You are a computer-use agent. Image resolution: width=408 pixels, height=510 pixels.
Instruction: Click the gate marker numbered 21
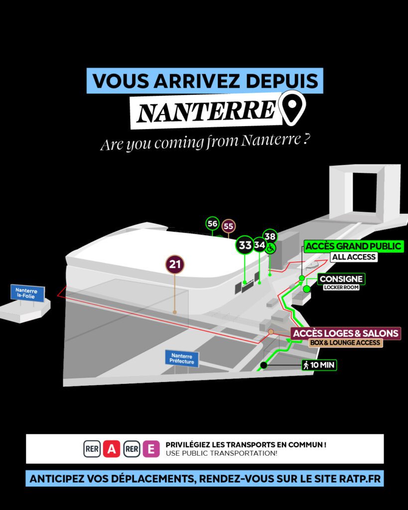pos(175,264)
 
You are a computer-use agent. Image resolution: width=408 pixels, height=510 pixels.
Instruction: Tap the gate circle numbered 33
pos(245,245)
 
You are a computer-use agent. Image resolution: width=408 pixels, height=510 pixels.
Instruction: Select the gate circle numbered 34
pos(260,244)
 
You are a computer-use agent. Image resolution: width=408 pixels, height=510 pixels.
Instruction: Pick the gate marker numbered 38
pos(270,237)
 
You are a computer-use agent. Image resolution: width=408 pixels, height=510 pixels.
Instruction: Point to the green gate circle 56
pos(212,224)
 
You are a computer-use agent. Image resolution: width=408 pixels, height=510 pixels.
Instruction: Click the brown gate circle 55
pos(228,226)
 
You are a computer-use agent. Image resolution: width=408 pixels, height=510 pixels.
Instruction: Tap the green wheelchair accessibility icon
pos(270,249)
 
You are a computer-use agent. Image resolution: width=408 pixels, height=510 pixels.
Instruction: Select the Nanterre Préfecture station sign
pos(182,359)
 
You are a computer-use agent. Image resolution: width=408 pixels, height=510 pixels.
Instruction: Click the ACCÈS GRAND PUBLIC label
pos(353,246)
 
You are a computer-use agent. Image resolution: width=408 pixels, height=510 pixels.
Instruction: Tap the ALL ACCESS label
pos(354,257)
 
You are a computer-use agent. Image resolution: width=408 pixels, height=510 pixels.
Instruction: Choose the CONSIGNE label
pos(341,279)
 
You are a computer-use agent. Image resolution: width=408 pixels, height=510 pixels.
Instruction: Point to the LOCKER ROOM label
pos(341,287)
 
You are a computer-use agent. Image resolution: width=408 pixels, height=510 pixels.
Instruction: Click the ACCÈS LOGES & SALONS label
pos(346,333)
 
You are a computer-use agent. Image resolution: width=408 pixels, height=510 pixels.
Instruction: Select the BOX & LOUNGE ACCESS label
pos(345,343)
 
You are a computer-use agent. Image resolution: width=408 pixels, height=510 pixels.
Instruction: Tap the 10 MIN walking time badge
pos(319,365)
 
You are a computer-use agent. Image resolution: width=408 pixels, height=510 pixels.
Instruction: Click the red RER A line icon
pos(112,449)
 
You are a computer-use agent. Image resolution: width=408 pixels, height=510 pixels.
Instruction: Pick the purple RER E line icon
pos(151,449)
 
